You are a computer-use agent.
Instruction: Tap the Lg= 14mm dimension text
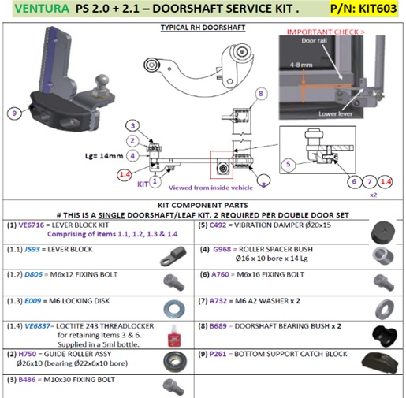click(102, 157)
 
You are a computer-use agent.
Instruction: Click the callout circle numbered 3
click(133, 125)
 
